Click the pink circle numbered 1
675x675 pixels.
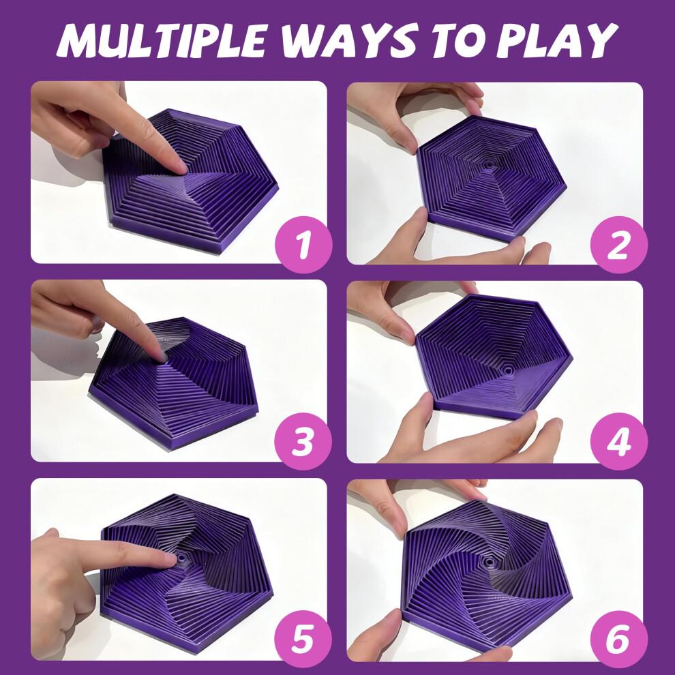click(x=301, y=244)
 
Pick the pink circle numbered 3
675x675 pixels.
click(x=301, y=442)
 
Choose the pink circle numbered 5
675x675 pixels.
click(x=301, y=641)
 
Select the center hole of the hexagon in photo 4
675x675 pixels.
click(x=508, y=366)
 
